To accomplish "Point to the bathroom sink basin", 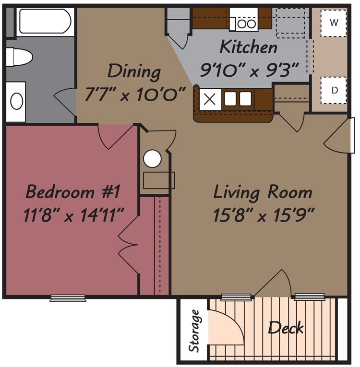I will (16, 101).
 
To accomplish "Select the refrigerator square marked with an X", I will (210, 100).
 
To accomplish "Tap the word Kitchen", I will (248, 47).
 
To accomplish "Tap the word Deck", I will (286, 328).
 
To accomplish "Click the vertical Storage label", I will (194, 331).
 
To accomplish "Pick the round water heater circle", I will (153, 159).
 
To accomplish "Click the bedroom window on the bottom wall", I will (68, 298).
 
